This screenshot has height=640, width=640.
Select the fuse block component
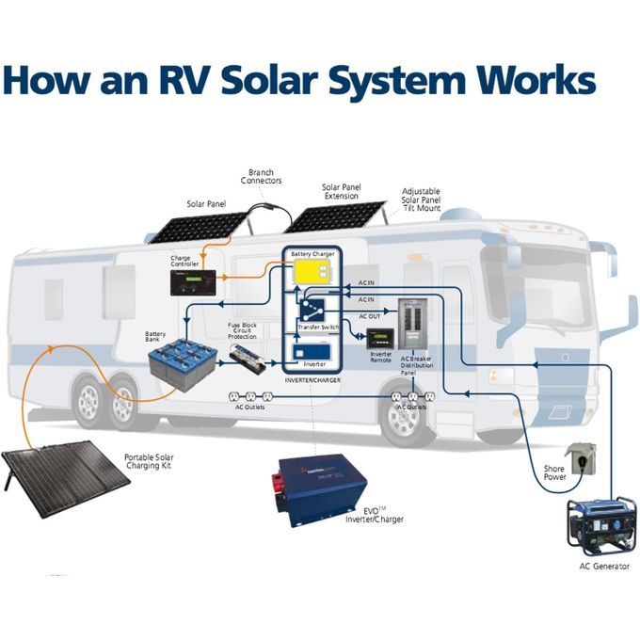[x=252, y=359]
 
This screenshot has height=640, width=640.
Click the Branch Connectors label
[x=261, y=177]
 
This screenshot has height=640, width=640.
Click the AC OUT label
[x=370, y=316]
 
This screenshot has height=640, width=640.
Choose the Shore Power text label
[x=554, y=472]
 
